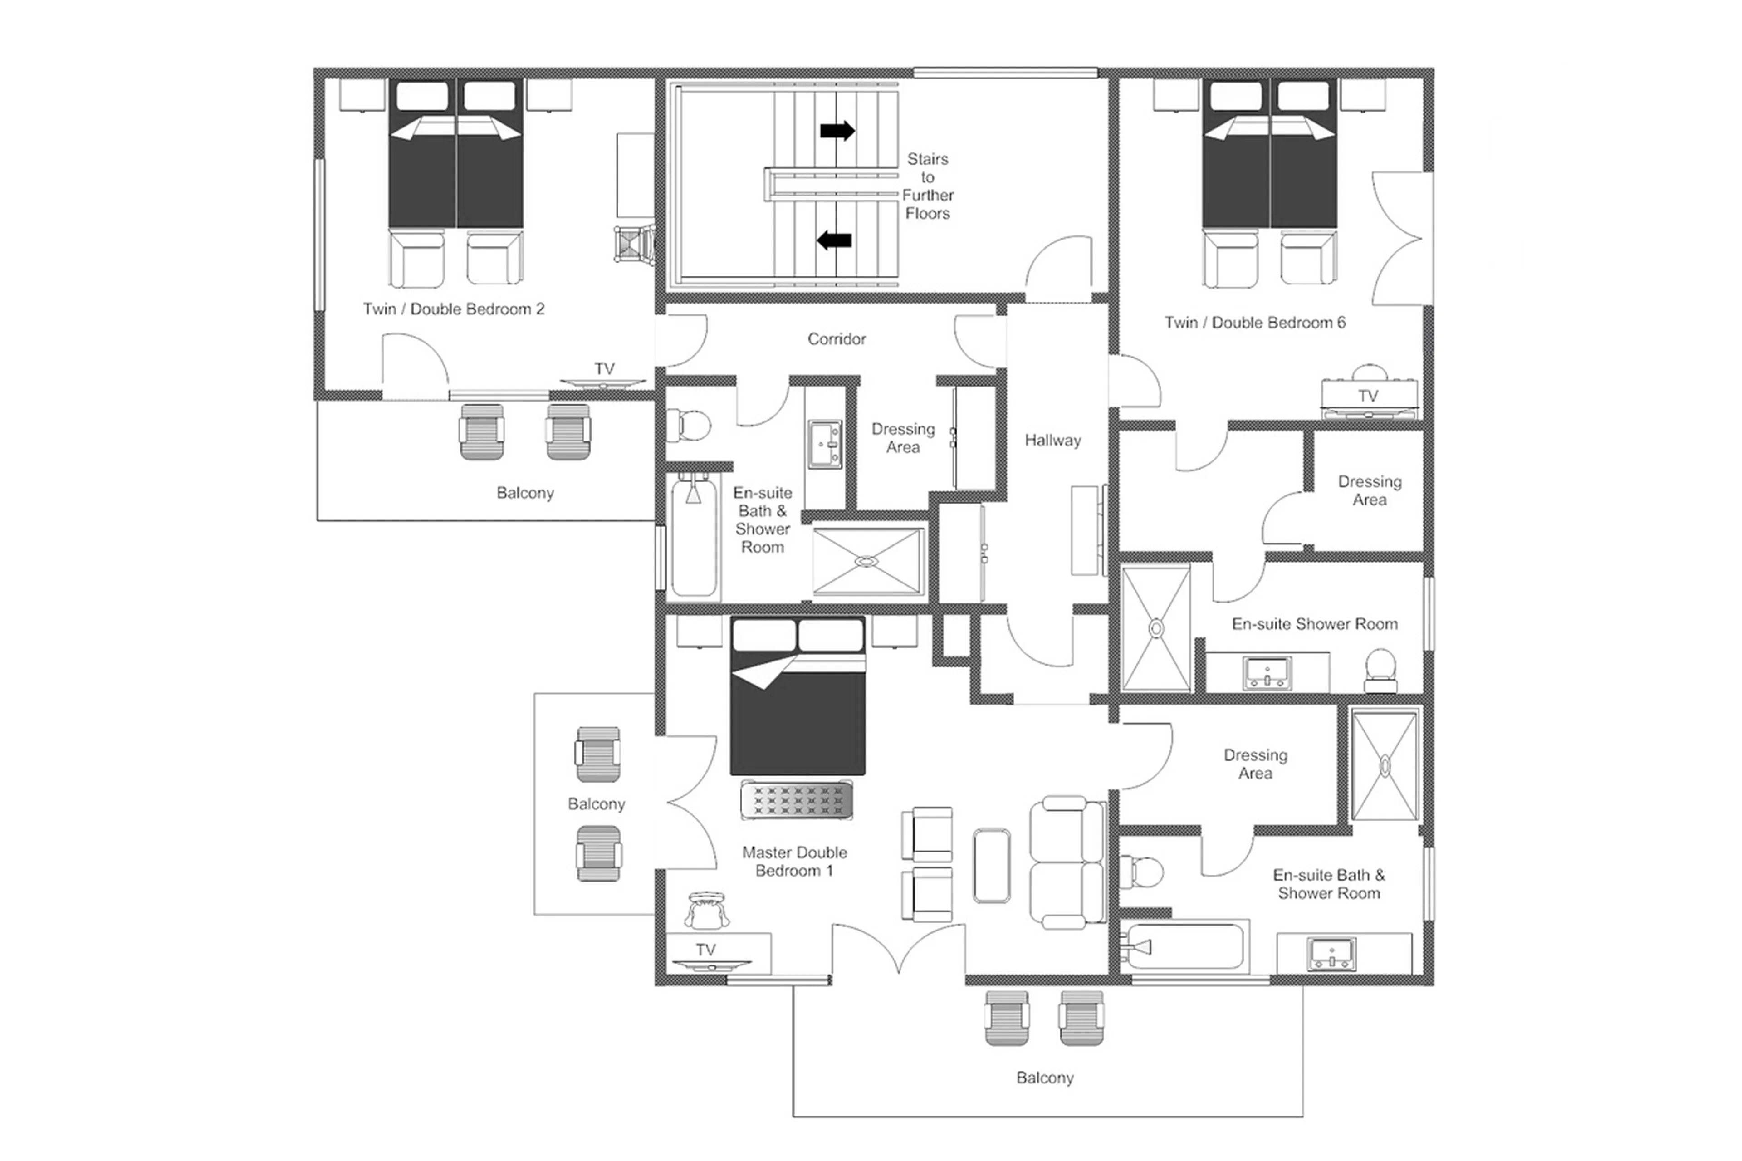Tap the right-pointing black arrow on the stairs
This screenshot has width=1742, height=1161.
[x=837, y=131]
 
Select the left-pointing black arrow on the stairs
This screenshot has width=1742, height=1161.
[x=834, y=240]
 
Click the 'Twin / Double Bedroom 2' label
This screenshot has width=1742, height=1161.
[x=453, y=309]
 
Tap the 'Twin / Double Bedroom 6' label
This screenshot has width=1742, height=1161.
[x=1254, y=323]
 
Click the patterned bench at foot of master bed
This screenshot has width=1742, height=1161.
[x=796, y=800]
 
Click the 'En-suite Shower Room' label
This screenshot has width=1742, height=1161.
[x=1314, y=624]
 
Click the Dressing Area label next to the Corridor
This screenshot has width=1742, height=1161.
[x=902, y=438]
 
